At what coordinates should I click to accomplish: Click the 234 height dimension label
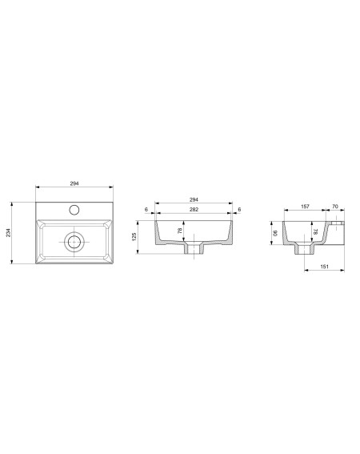click(8, 232)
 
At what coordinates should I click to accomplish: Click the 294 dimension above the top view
click(74, 183)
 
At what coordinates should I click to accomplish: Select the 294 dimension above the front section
click(194, 199)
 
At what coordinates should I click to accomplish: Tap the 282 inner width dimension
click(194, 209)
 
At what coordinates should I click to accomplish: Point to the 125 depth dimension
click(134, 237)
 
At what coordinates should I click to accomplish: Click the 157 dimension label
click(305, 207)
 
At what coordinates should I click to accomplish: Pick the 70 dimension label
click(335, 207)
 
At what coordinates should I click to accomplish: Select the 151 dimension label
click(325, 267)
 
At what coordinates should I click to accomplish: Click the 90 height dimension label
click(275, 233)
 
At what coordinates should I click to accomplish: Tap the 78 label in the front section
click(180, 231)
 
